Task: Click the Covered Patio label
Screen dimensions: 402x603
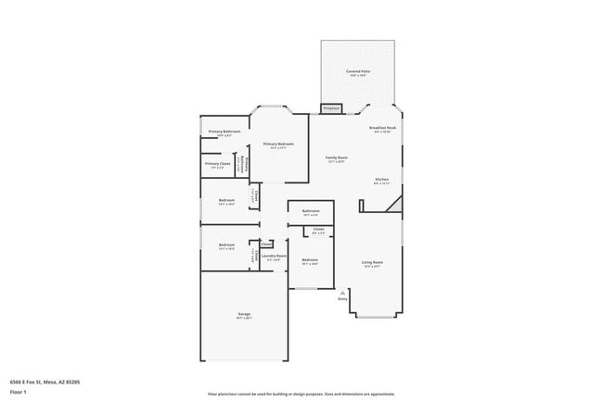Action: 357,70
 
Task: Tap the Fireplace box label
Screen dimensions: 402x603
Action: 331,108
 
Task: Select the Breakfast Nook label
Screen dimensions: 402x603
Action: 382,128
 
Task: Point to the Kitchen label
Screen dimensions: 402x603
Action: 381,179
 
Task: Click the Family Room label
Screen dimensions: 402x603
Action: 336,157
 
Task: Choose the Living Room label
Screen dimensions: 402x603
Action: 372,262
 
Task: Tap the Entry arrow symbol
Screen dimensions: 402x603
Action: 343,292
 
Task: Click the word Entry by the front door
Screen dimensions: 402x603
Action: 342,299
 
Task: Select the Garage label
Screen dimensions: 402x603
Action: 244,314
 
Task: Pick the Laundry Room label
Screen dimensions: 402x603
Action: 273,256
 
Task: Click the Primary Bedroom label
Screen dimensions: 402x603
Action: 278,144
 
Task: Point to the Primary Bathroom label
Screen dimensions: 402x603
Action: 225,132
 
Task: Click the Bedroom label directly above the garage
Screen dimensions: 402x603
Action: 226,245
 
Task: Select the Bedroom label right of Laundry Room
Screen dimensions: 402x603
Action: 310,259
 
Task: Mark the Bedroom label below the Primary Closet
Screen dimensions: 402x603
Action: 226,200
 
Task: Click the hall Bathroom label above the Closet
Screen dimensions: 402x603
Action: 310,210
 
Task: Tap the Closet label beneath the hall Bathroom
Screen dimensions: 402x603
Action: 318,229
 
